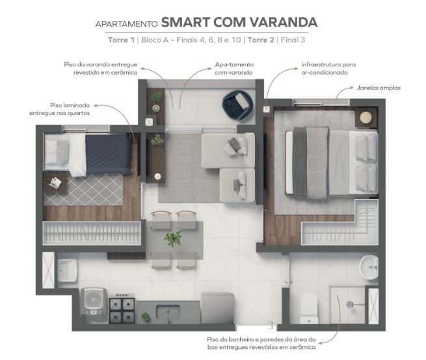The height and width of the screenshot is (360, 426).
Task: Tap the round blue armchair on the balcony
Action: [237, 105]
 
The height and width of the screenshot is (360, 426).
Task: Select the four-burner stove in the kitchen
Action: [122, 309]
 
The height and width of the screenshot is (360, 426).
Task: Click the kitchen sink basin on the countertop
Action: [168, 311]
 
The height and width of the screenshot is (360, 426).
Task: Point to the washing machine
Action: [93, 302]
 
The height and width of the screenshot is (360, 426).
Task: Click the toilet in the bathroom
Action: [309, 309]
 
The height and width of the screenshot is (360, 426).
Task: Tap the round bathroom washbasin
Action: [369, 266]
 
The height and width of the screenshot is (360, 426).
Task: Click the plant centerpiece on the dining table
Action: [173, 238]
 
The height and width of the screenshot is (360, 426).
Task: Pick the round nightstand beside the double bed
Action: [366, 117]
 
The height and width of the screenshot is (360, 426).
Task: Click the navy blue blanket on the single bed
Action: [109, 154]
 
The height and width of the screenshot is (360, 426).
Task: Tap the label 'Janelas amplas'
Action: [379, 88]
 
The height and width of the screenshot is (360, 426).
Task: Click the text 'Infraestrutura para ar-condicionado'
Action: [328, 68]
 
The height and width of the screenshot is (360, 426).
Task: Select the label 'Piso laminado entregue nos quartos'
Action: [59, 109]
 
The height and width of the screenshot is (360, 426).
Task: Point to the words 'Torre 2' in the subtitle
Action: [261, 40]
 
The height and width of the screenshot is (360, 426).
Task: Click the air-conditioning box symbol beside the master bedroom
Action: [266, 109]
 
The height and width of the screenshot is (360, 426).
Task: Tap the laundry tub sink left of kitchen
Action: [66, 271]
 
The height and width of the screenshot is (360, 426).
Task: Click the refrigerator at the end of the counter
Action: [217, 308]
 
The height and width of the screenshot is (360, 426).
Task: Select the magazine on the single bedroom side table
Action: [55, 183]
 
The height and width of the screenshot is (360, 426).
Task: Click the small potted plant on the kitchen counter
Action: [146, 317]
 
